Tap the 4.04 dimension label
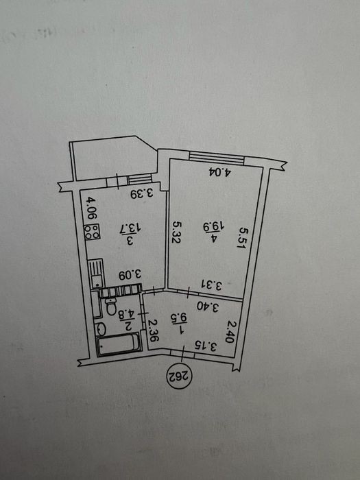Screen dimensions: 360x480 [x=220, y=172]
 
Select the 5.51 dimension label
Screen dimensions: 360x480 [x=243, y=237]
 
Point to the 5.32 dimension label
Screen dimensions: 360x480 [x=176, y=232]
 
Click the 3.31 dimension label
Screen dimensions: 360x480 [x=211, y=285]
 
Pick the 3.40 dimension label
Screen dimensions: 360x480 [x=207, y=307]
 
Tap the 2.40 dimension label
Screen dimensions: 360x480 [x=230, y=332]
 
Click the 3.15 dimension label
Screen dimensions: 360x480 [x=206, y=346]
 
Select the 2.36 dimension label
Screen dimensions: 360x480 [x=152, y=331]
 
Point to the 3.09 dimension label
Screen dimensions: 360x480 [x=130, y=274]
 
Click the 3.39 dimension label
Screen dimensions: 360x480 [x=141, y=193]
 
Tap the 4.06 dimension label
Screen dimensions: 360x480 [x=91, y=208]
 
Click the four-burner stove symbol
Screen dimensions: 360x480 [x=93, y=232]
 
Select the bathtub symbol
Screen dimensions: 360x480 [x=119, y=344]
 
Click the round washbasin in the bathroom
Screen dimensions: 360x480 [x=101, y=329]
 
